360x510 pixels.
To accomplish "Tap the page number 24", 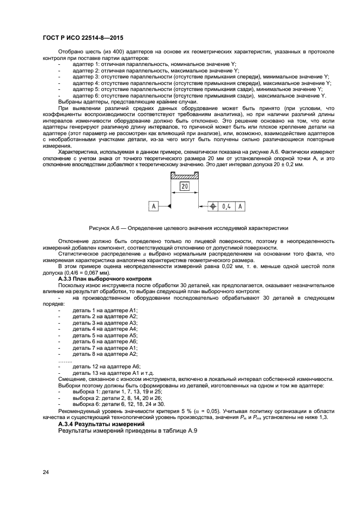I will pos(46,473).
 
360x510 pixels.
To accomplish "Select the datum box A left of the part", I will pos(154,206).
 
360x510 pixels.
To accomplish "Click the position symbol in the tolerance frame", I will pos(213,207).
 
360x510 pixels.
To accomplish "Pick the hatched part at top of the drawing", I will pos(184,176).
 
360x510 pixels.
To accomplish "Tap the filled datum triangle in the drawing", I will pos(168,206).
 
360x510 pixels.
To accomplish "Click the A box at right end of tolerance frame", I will pos(240,207).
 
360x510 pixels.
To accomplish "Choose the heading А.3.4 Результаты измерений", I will pos(101,423).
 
